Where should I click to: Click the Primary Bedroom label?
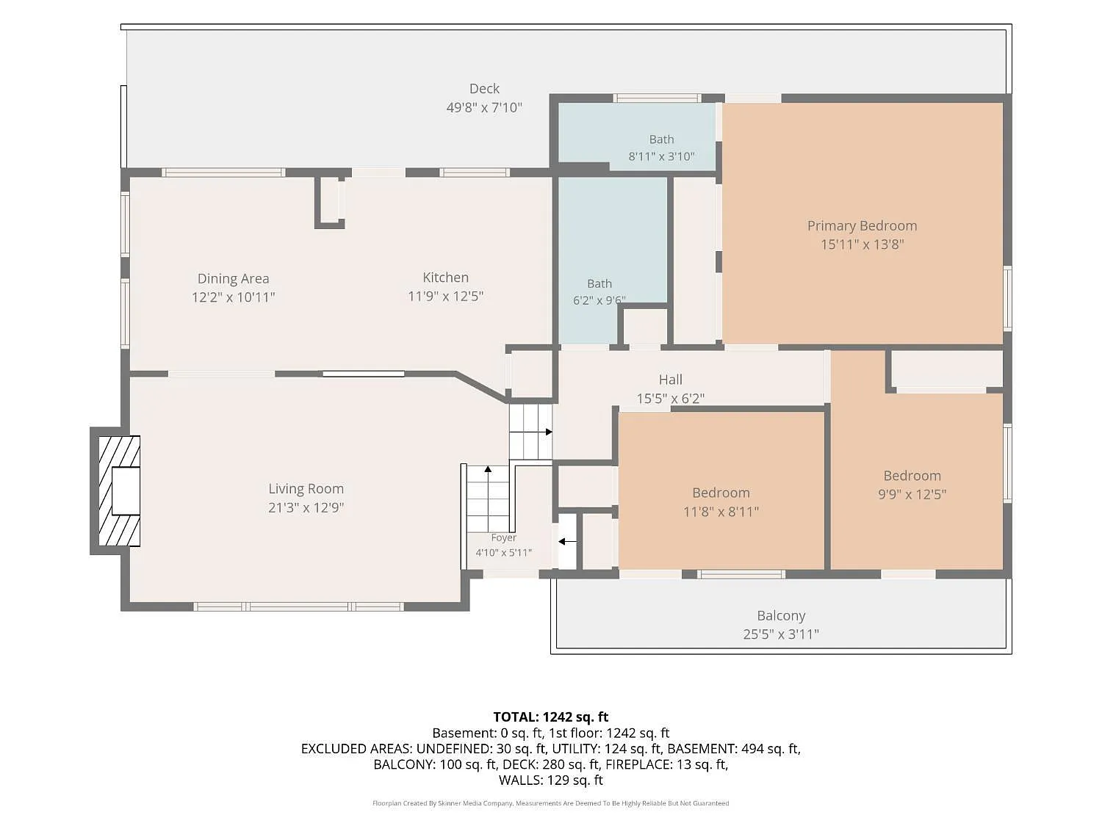pos(862,226)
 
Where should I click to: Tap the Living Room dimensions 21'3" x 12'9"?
pos(306,507)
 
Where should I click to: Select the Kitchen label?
pos(445,278)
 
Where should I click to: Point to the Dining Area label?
pos(233,279)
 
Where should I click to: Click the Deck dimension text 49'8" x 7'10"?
pos(484,107)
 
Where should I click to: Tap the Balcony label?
pos(781,615)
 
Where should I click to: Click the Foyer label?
pos(503,537)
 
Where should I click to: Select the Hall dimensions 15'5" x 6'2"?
pos(671,398)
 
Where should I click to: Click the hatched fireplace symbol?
pos(119,490)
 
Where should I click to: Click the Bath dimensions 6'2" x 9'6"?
pos(599,300)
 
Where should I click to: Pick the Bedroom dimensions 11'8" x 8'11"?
pos(721,512)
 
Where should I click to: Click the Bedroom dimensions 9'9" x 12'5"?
pos(912,494)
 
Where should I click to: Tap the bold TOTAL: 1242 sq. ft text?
pos(551,717)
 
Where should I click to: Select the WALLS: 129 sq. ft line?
pos(551,780)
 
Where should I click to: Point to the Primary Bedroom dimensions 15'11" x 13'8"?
pos(862,244)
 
